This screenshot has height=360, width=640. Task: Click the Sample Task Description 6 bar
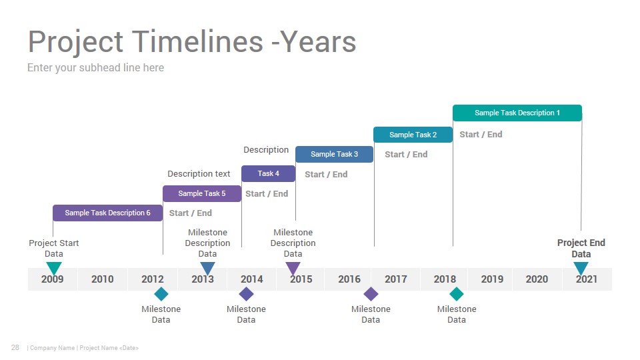[108, 213]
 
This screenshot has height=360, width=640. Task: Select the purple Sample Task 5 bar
[202, 193]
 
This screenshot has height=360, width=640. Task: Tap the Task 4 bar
[268, 173]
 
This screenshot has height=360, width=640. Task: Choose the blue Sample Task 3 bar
[334, 154]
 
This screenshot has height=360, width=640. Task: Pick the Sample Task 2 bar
[413, 135]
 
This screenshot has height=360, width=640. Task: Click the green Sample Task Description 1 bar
[517, 113]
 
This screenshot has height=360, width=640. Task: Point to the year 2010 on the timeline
[103, 279]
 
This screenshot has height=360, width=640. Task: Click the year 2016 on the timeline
[349, 279]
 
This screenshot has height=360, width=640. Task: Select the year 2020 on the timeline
[537, 279]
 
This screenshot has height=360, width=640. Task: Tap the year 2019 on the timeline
[492, 279]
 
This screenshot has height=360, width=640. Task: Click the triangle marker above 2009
[54, 268]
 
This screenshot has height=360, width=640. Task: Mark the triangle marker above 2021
[581, 268]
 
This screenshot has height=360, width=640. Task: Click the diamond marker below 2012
[161, 294]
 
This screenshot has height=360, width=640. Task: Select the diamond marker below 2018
[456, 294]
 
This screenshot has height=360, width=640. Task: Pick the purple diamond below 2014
[246, 294]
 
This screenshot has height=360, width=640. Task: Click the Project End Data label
[581, 248]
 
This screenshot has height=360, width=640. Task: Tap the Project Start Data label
[54, 248]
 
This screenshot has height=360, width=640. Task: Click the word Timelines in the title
[197, 41]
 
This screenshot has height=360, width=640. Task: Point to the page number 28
[15, 347]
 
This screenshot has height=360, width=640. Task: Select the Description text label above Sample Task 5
[199, 174]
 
